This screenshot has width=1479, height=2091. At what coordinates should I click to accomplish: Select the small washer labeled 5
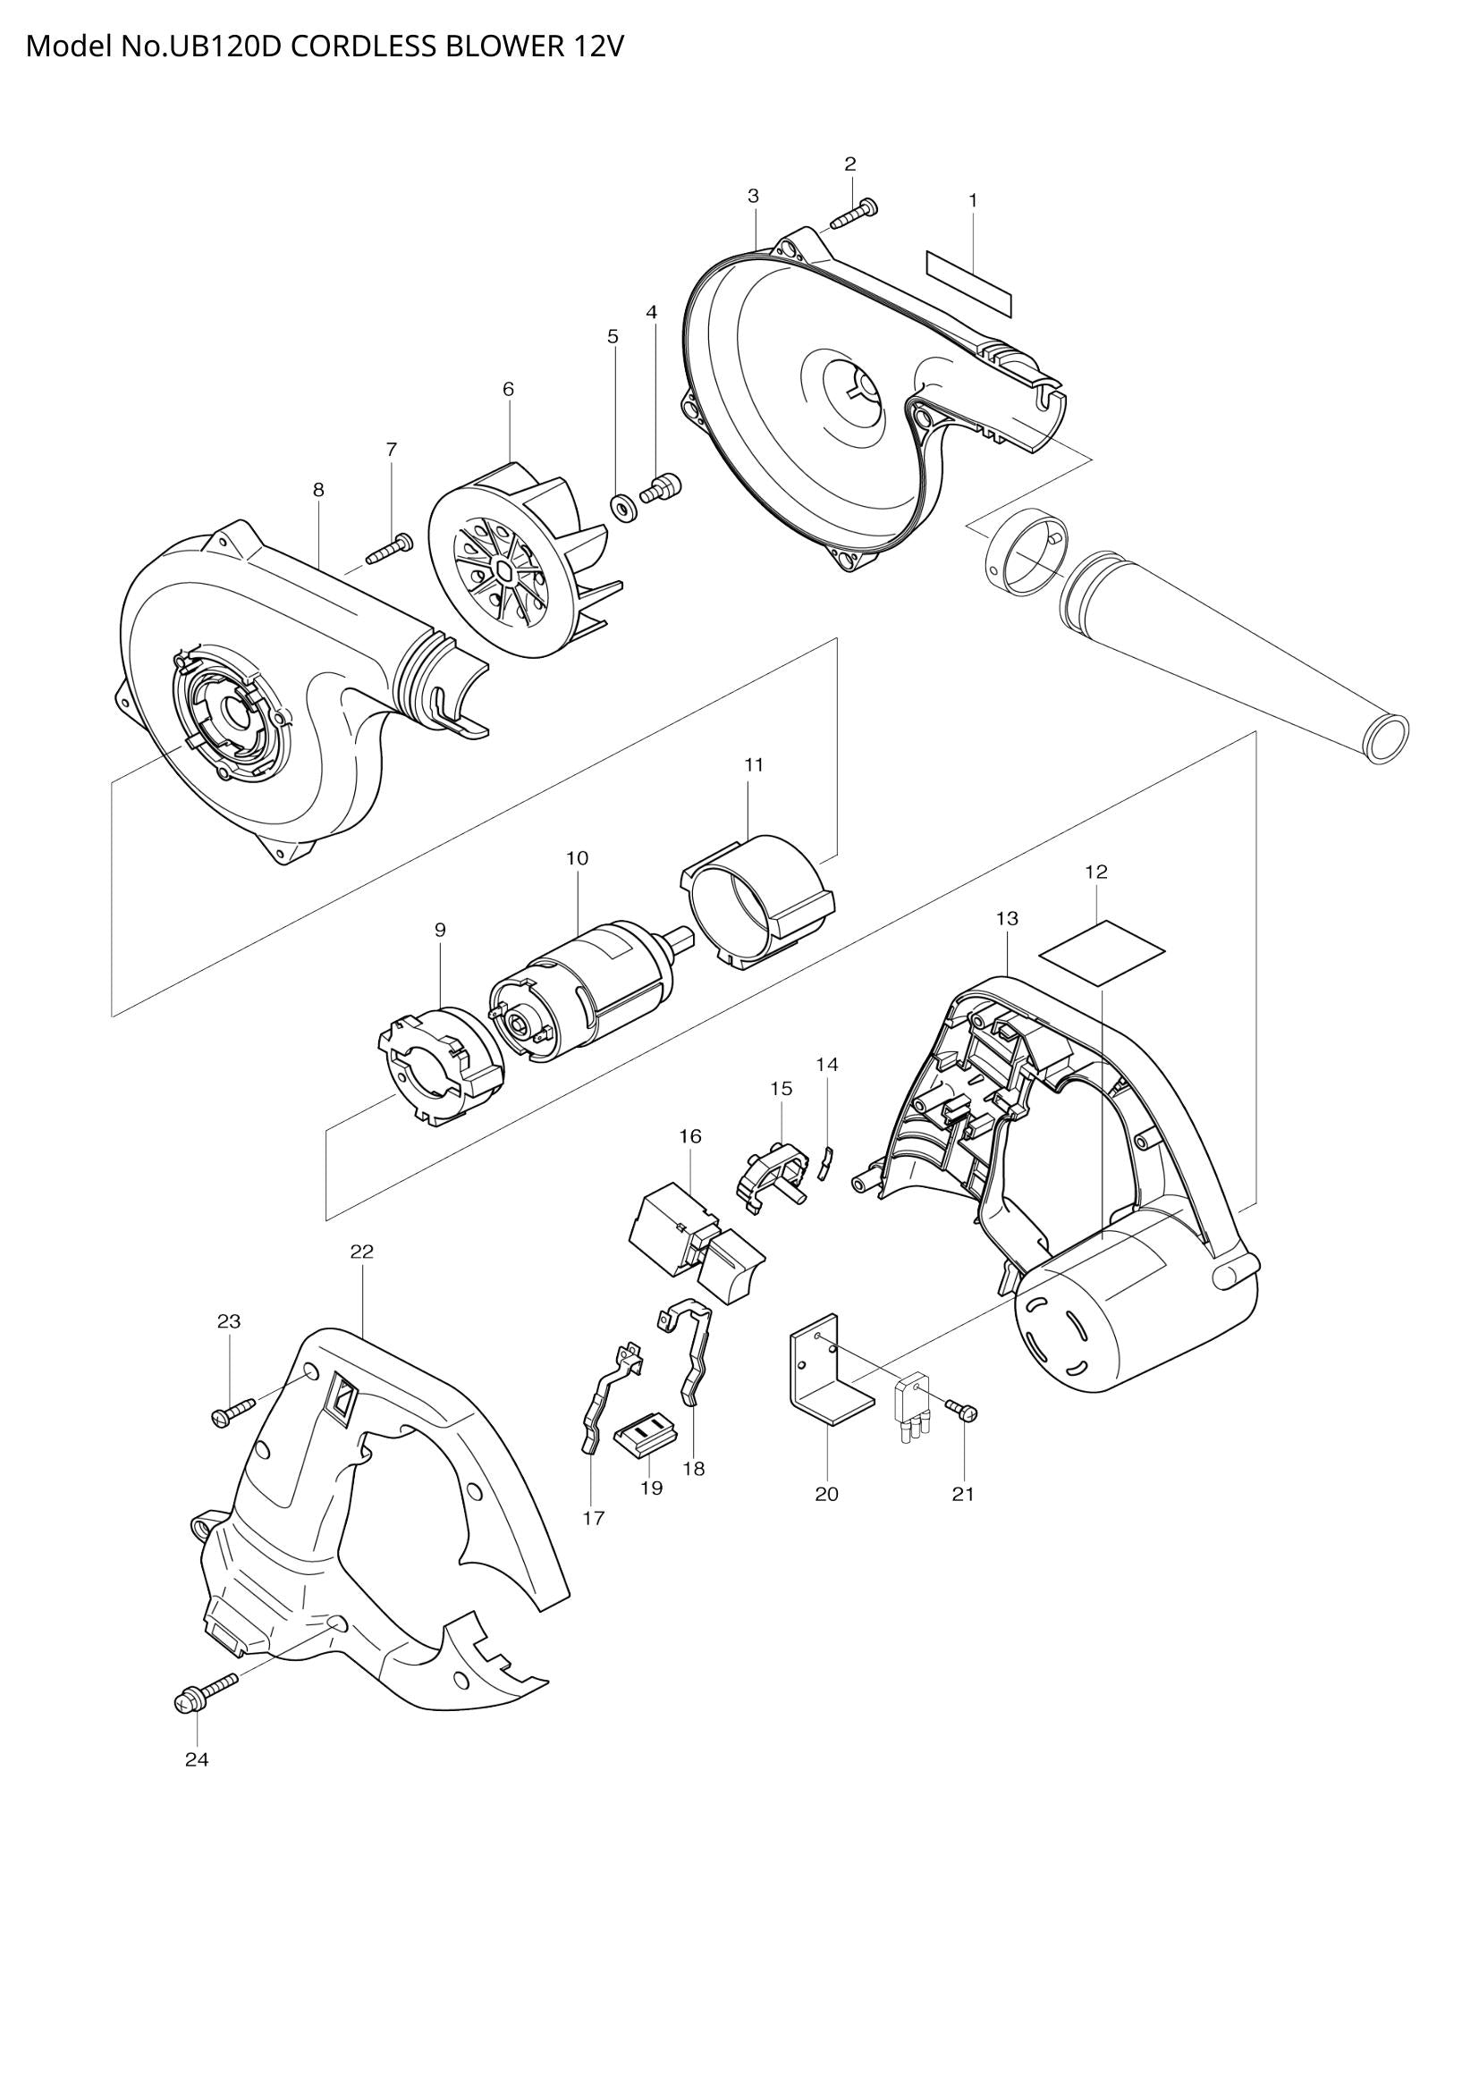point(624,505)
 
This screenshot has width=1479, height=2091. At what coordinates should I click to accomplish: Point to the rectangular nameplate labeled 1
point(968,284)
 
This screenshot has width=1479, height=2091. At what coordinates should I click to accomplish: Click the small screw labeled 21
point(963,1412)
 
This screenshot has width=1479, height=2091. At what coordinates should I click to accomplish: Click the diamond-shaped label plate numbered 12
point(1103,952)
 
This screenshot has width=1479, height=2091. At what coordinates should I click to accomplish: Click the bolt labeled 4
point(659,488)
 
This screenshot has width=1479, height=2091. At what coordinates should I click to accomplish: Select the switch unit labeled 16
point(697,1248)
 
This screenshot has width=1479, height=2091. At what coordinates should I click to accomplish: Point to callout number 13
point(1006,919)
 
